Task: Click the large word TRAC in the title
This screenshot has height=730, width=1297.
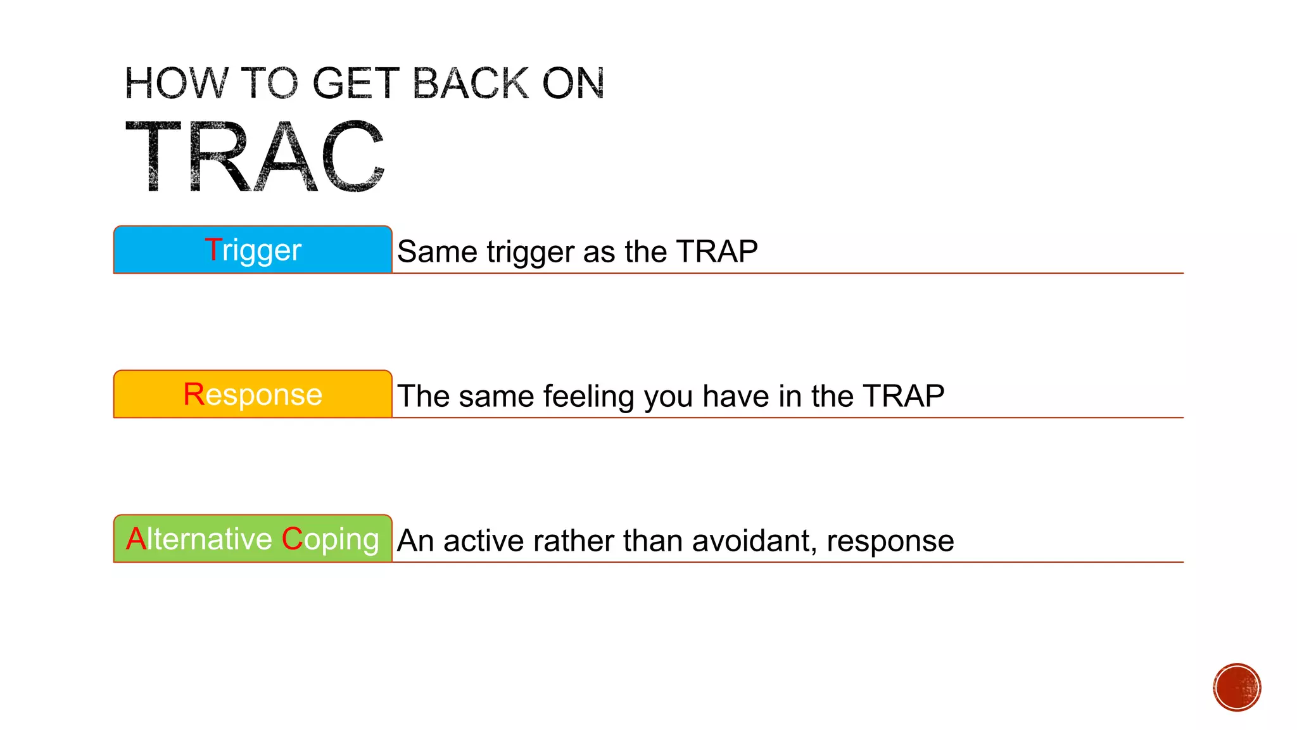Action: point(255,157)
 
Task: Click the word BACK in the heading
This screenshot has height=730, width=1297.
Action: point(470,84)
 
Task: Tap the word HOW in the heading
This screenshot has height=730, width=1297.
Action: point(176,84)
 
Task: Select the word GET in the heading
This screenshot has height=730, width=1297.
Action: point(356,84)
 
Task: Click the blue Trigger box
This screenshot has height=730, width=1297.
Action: point(253,250)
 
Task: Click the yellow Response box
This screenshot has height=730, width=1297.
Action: point(253,394)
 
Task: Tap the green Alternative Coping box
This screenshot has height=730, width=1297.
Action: point(253,539)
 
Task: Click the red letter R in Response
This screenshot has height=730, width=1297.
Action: point(193,394)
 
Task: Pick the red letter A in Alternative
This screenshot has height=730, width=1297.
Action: point(136,539)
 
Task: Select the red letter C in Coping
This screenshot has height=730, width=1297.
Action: point(292,539)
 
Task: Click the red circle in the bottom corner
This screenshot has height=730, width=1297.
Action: point(1237,688)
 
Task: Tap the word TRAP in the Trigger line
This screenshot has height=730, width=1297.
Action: point(716,252)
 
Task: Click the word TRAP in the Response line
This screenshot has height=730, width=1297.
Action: point(903,396)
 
